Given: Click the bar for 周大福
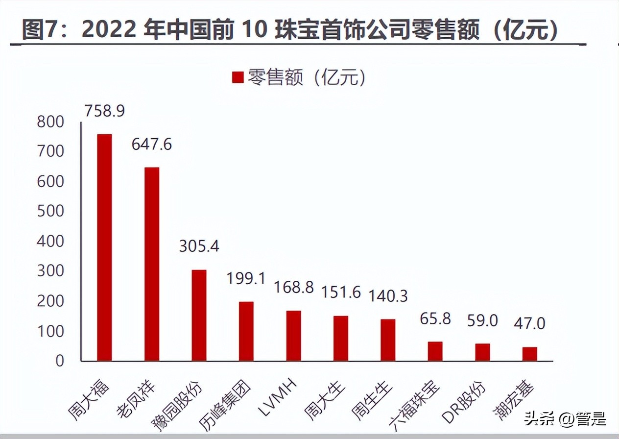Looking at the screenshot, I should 104,247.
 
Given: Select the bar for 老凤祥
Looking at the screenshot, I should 152,264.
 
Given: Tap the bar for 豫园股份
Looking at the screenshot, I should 199,315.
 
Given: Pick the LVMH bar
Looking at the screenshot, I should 294,336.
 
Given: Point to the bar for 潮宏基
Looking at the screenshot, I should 529,354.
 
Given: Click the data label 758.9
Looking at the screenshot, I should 104,111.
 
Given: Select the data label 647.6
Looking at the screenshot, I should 152,145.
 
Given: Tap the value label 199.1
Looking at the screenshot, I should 246,279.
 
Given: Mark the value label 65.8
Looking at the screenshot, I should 435,319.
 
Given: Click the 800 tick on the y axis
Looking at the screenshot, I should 50,122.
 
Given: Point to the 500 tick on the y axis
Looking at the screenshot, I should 50,211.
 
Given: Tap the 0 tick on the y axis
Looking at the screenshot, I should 59,361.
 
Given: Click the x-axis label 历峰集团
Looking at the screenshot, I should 226,402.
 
